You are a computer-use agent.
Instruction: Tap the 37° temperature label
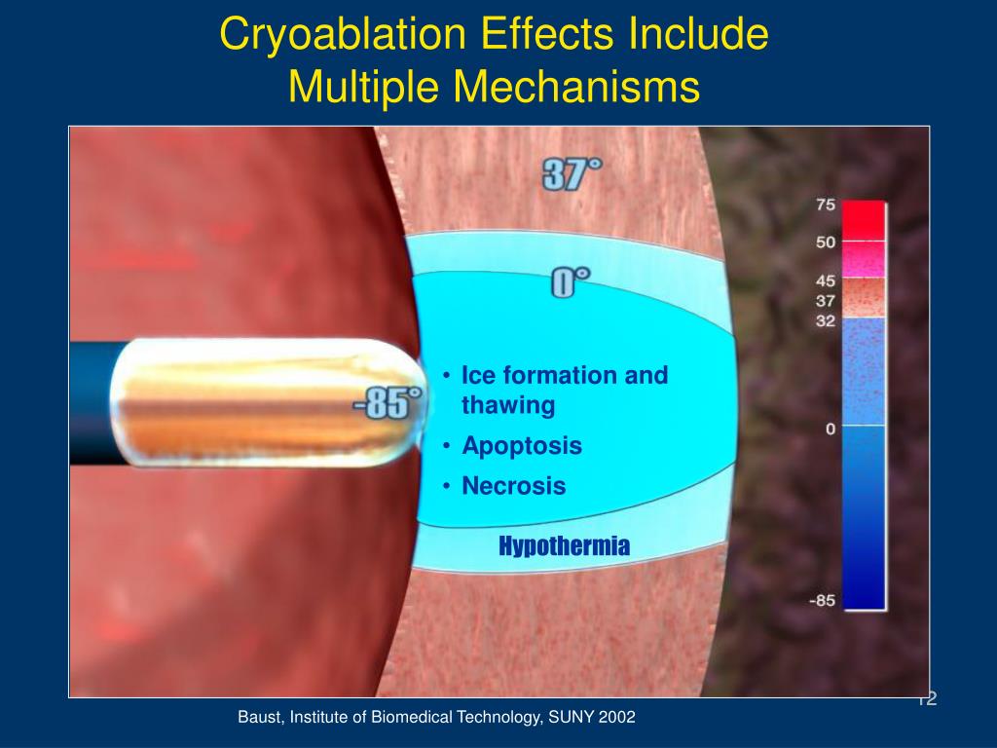click(572, 175)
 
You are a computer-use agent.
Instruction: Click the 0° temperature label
click(571, 283)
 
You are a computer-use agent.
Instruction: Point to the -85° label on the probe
click(388, 403)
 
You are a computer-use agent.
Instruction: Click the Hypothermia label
click(564, 546)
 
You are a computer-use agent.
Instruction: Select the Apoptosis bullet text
click(521, 446)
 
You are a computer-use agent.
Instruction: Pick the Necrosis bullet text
click(513, 486)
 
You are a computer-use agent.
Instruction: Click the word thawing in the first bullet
click(507, 405)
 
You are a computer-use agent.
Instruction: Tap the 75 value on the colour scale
click(826, 206)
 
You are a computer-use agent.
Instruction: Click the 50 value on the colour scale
click(826, 243)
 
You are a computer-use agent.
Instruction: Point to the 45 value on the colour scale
click(826, 281)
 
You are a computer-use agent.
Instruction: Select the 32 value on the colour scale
click(826, 320)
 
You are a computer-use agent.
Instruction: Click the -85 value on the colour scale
click(822, 601)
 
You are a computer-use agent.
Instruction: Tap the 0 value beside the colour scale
click(831, 429)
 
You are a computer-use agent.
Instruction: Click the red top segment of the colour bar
click(864, 220)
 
